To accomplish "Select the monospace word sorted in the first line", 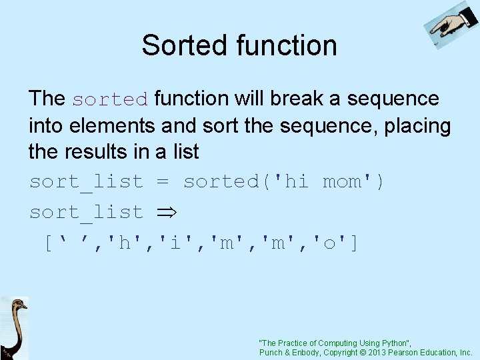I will click(110, 99).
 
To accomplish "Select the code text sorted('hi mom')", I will click(284, 181).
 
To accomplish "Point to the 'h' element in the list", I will click(124, 243).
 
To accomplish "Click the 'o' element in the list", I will click(329, 243).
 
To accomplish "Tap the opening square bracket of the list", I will click(48, 243).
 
